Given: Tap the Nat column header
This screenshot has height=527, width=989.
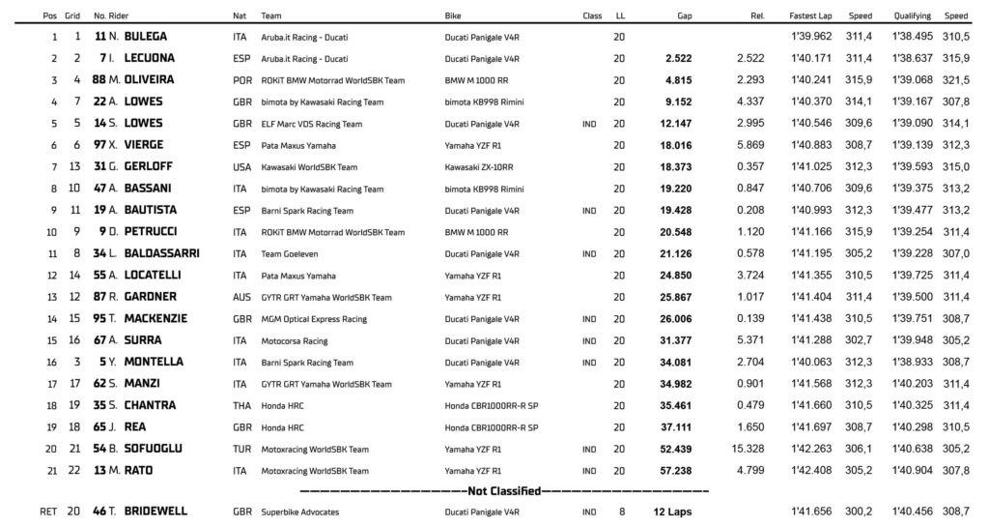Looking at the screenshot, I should [x=240, y=16].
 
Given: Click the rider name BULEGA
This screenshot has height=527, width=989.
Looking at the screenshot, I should [x=146, y=37].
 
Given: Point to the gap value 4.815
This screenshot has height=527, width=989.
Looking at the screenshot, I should [x=677, y=80].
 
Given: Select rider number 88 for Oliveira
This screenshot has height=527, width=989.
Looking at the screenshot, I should [x=99, y=80].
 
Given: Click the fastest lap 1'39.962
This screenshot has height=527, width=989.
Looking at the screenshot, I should [x=808, y=37].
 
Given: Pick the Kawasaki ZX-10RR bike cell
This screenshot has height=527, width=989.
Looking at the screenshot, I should [x=478, y=167].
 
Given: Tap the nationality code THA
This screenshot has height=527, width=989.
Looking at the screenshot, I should [x=241, y=405].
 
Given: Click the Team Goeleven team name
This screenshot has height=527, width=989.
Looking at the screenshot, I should [x=293, y=253].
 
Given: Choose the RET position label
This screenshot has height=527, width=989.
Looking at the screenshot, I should [x=48, y=511].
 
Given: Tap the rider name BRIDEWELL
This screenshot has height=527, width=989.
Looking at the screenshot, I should [x=155, y=511].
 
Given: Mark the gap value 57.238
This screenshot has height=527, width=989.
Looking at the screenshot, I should [x=673, y=470].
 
